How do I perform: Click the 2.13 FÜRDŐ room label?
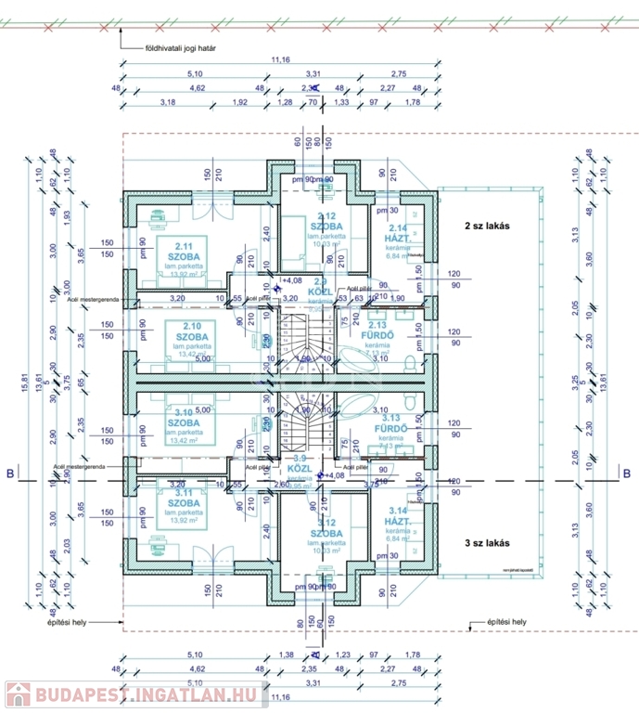tap(377, 331)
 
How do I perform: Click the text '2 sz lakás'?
tap(488, 226)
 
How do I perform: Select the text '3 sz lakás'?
tap(488, 541)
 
